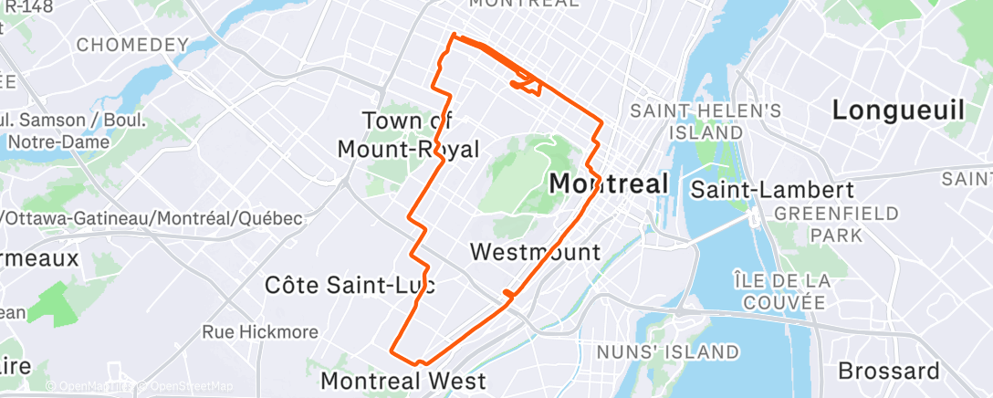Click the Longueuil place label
(898, 110)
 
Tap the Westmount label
(535, 252)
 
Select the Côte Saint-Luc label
(350, 285)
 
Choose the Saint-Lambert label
(771, 191)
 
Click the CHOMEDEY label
(132, 44)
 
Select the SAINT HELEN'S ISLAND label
(707, 121)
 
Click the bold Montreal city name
(609, 183)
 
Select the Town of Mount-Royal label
(408, 135)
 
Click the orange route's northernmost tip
(454, 36)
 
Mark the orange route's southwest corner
(392, 350)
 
